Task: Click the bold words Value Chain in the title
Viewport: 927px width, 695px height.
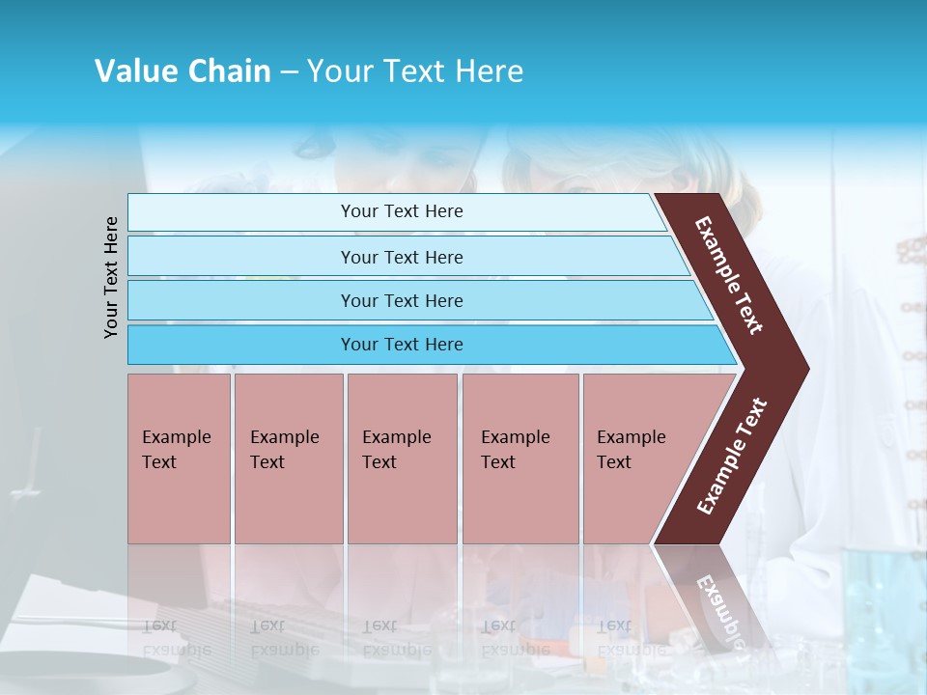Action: [x=183, y=71]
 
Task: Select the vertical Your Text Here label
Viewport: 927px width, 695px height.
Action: [x=111, y=277]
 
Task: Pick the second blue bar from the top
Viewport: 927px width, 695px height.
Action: [x=401, y=257]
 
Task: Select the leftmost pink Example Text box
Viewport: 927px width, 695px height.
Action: [x=179, y=459]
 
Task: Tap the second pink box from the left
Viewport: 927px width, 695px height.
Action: [x=288, y=459]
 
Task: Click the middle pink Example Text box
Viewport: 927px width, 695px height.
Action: [x=402, y=459]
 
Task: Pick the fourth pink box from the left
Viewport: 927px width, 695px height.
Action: [x=520, y=459]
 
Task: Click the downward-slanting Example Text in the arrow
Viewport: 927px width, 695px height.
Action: [x=730, y=275]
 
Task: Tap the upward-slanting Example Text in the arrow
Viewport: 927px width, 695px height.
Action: [x=732, y=456]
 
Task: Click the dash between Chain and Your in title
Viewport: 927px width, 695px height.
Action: [x=289, y=72]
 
